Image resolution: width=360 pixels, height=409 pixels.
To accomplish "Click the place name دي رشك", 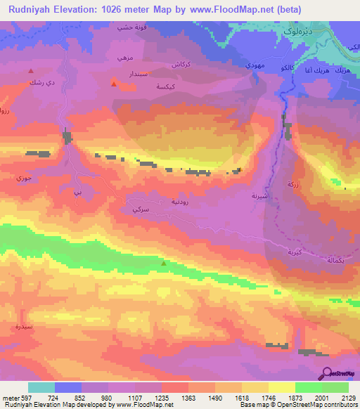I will (39, 82).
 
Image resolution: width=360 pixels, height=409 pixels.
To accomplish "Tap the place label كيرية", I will (295, 252).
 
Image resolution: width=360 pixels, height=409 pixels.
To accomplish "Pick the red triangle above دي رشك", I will (30, 71).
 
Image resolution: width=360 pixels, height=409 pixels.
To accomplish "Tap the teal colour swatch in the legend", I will (41, 387).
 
